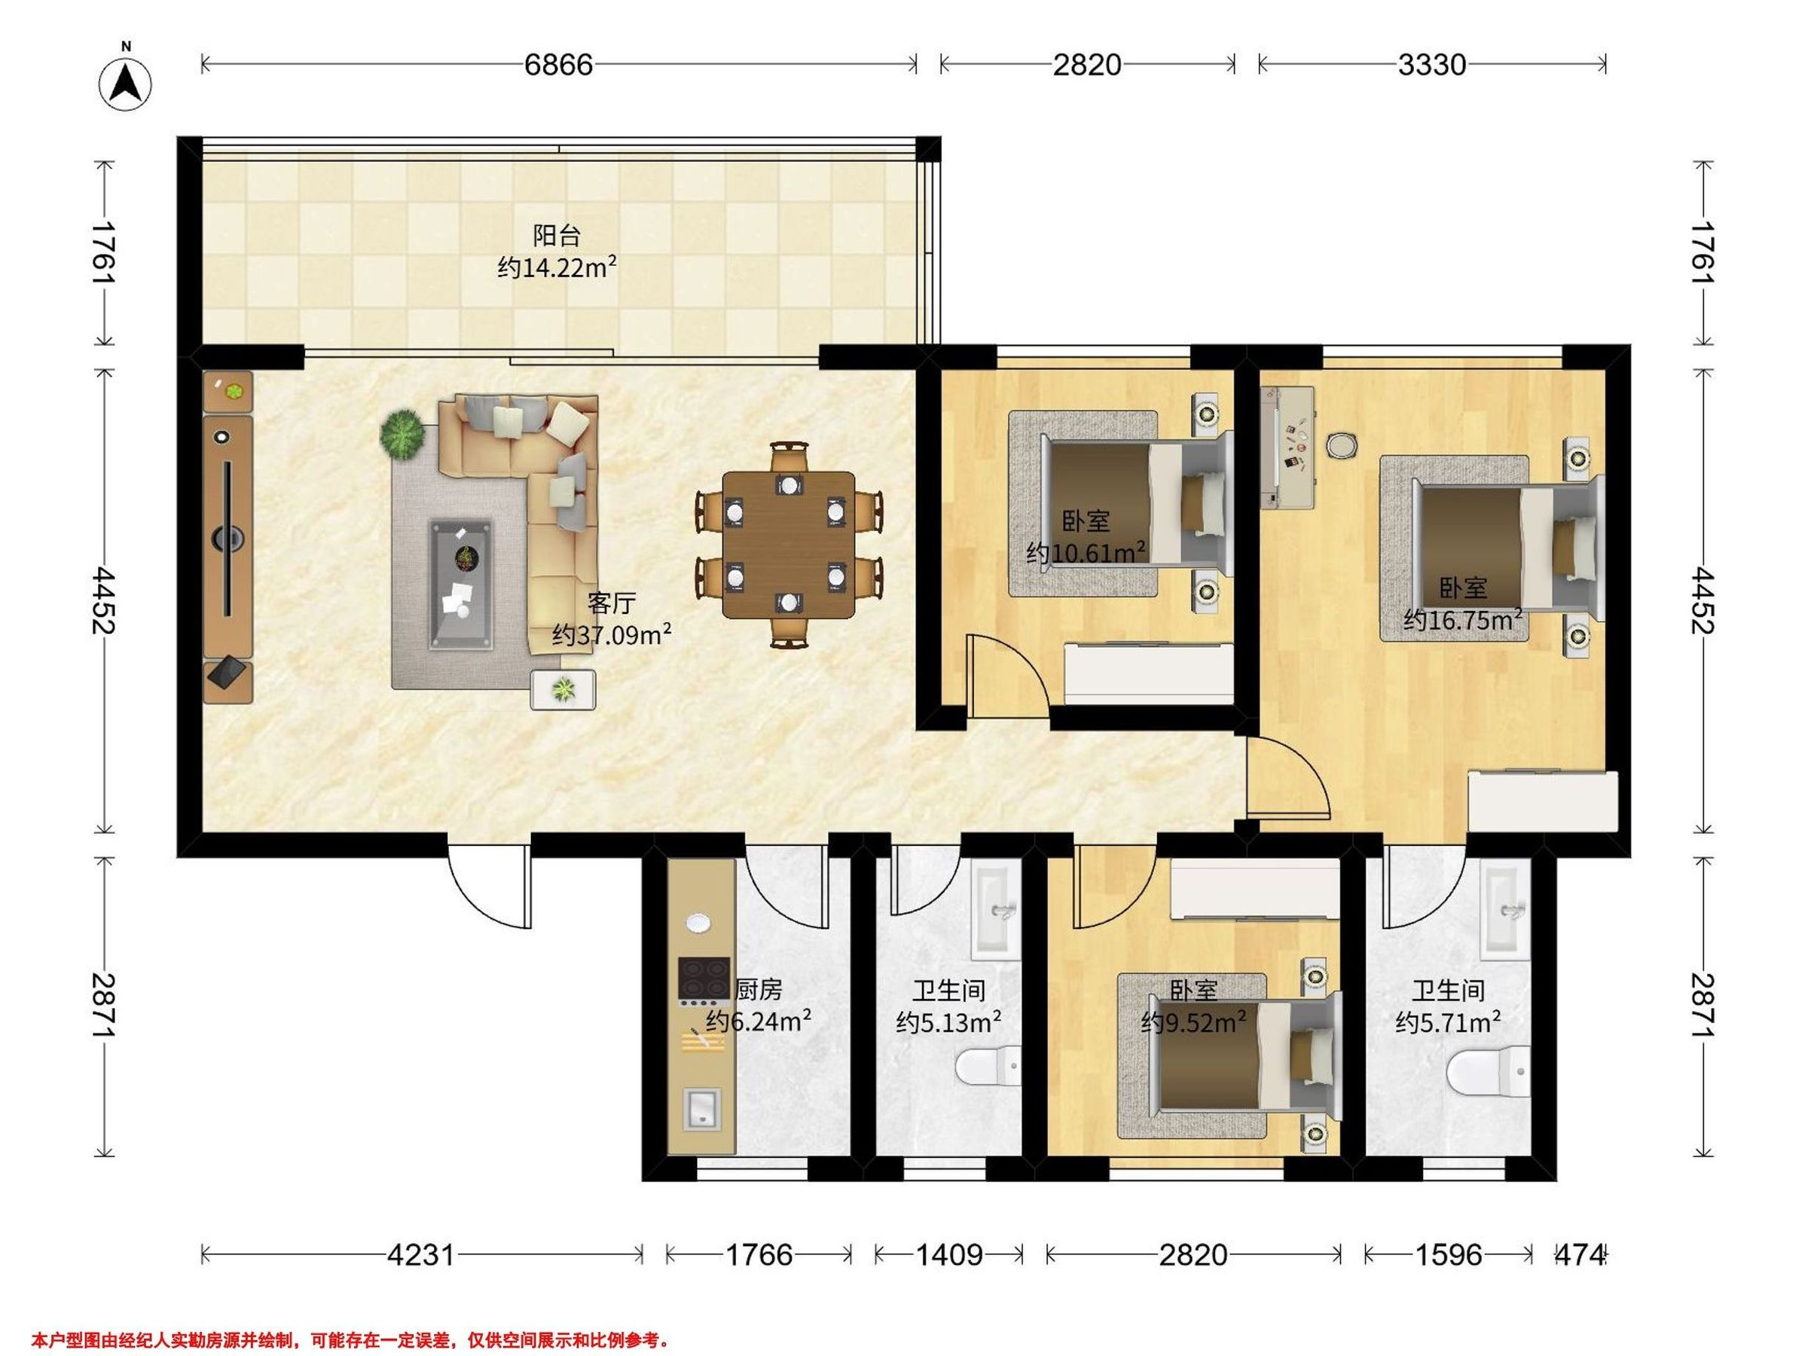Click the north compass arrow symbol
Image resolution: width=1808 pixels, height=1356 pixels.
(126, 84)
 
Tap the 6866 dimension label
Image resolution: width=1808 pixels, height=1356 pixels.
(558, 65)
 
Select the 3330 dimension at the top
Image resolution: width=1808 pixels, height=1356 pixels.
(1431, 65)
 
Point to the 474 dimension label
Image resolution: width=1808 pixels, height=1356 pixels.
(1580, 1254)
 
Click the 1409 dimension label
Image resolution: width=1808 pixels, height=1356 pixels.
(948, 1254)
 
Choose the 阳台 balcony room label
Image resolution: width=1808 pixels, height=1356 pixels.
(557, 237)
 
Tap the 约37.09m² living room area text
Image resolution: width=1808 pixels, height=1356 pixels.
(612, 634)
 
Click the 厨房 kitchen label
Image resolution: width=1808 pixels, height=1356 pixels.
(759, 990)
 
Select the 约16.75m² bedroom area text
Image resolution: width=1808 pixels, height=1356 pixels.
(1463, 618)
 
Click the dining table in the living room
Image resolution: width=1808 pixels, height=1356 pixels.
(789, 545)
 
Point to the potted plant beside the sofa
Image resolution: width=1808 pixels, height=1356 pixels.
(402, 434)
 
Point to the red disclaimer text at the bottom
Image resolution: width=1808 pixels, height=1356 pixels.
(350, 1340)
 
